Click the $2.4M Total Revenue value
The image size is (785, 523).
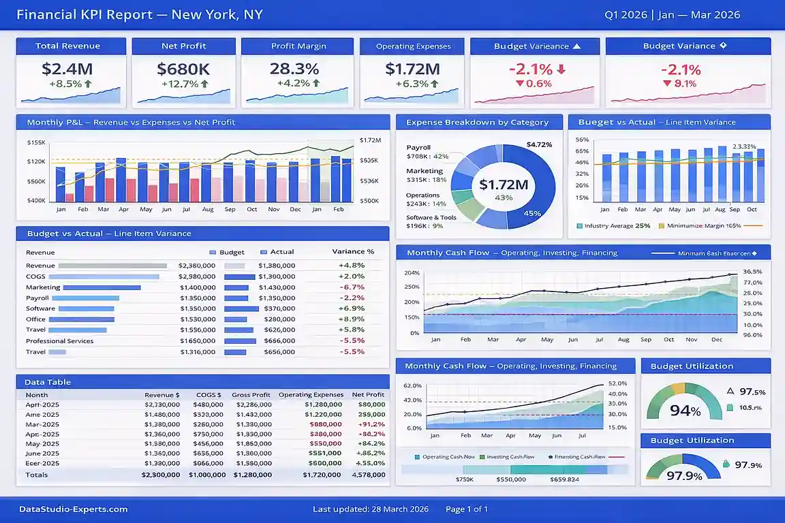pyautogui.click(x=67, y=69)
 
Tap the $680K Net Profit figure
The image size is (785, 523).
pyautogui.click(x=183, y=69)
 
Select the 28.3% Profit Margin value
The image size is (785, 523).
pyautogui.click(x=294, y=69)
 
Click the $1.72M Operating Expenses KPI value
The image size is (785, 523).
pyautogui.click(x=412, y=69)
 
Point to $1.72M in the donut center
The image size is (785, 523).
pyautogui.click(x=504, y=185)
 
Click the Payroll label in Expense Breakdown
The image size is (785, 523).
pyautogui.click(x=418, y=147)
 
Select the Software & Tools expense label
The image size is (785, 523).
pyautogui.click(x=431, y=217)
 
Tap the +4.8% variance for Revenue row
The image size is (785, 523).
pyautogui.click(x=352, y=266)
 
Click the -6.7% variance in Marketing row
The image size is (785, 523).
pyautogui.click(x=352, y=287)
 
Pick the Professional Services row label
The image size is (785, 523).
pyautogui.click(x=60, y=340)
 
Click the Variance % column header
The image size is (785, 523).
pyautogui.click(x=353, y=251)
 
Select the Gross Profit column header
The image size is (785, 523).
pyautogui.click(x=251, y=394)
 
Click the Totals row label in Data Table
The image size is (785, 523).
pyautogui.click(x=37, y=475)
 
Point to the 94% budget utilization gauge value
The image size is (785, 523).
pyautogui.click(x=685, y=411)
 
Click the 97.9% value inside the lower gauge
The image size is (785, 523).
pyautogui.click(x=684, y=476)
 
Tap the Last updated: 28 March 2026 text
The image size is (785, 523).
pyautogui.click(x=370, y=509)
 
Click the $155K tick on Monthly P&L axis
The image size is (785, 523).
pyautogui.click(x=36, y=142)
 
